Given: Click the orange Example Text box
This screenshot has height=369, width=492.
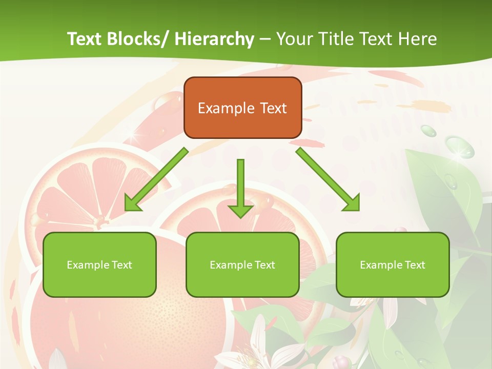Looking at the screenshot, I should pos(242,108).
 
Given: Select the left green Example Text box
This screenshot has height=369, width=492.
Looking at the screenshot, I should pos(99,264).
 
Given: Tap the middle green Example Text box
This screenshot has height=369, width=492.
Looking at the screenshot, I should pos(242,264).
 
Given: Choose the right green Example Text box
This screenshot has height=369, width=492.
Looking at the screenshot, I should pos(393,264).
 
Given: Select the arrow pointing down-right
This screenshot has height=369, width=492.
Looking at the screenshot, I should pos(328,179).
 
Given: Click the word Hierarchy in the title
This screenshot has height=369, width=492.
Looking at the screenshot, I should pos(214,39).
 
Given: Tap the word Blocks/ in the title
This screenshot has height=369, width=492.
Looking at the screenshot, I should pos(139,39).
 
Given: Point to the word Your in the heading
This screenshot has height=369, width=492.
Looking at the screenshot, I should pos(294,39).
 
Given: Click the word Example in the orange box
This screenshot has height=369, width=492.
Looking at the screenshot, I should pos(226,108).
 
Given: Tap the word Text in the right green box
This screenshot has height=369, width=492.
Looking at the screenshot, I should pos(414,265).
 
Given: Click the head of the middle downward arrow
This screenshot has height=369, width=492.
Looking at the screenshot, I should pos(240,210).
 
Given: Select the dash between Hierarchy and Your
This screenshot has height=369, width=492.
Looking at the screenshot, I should pos(265,39).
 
